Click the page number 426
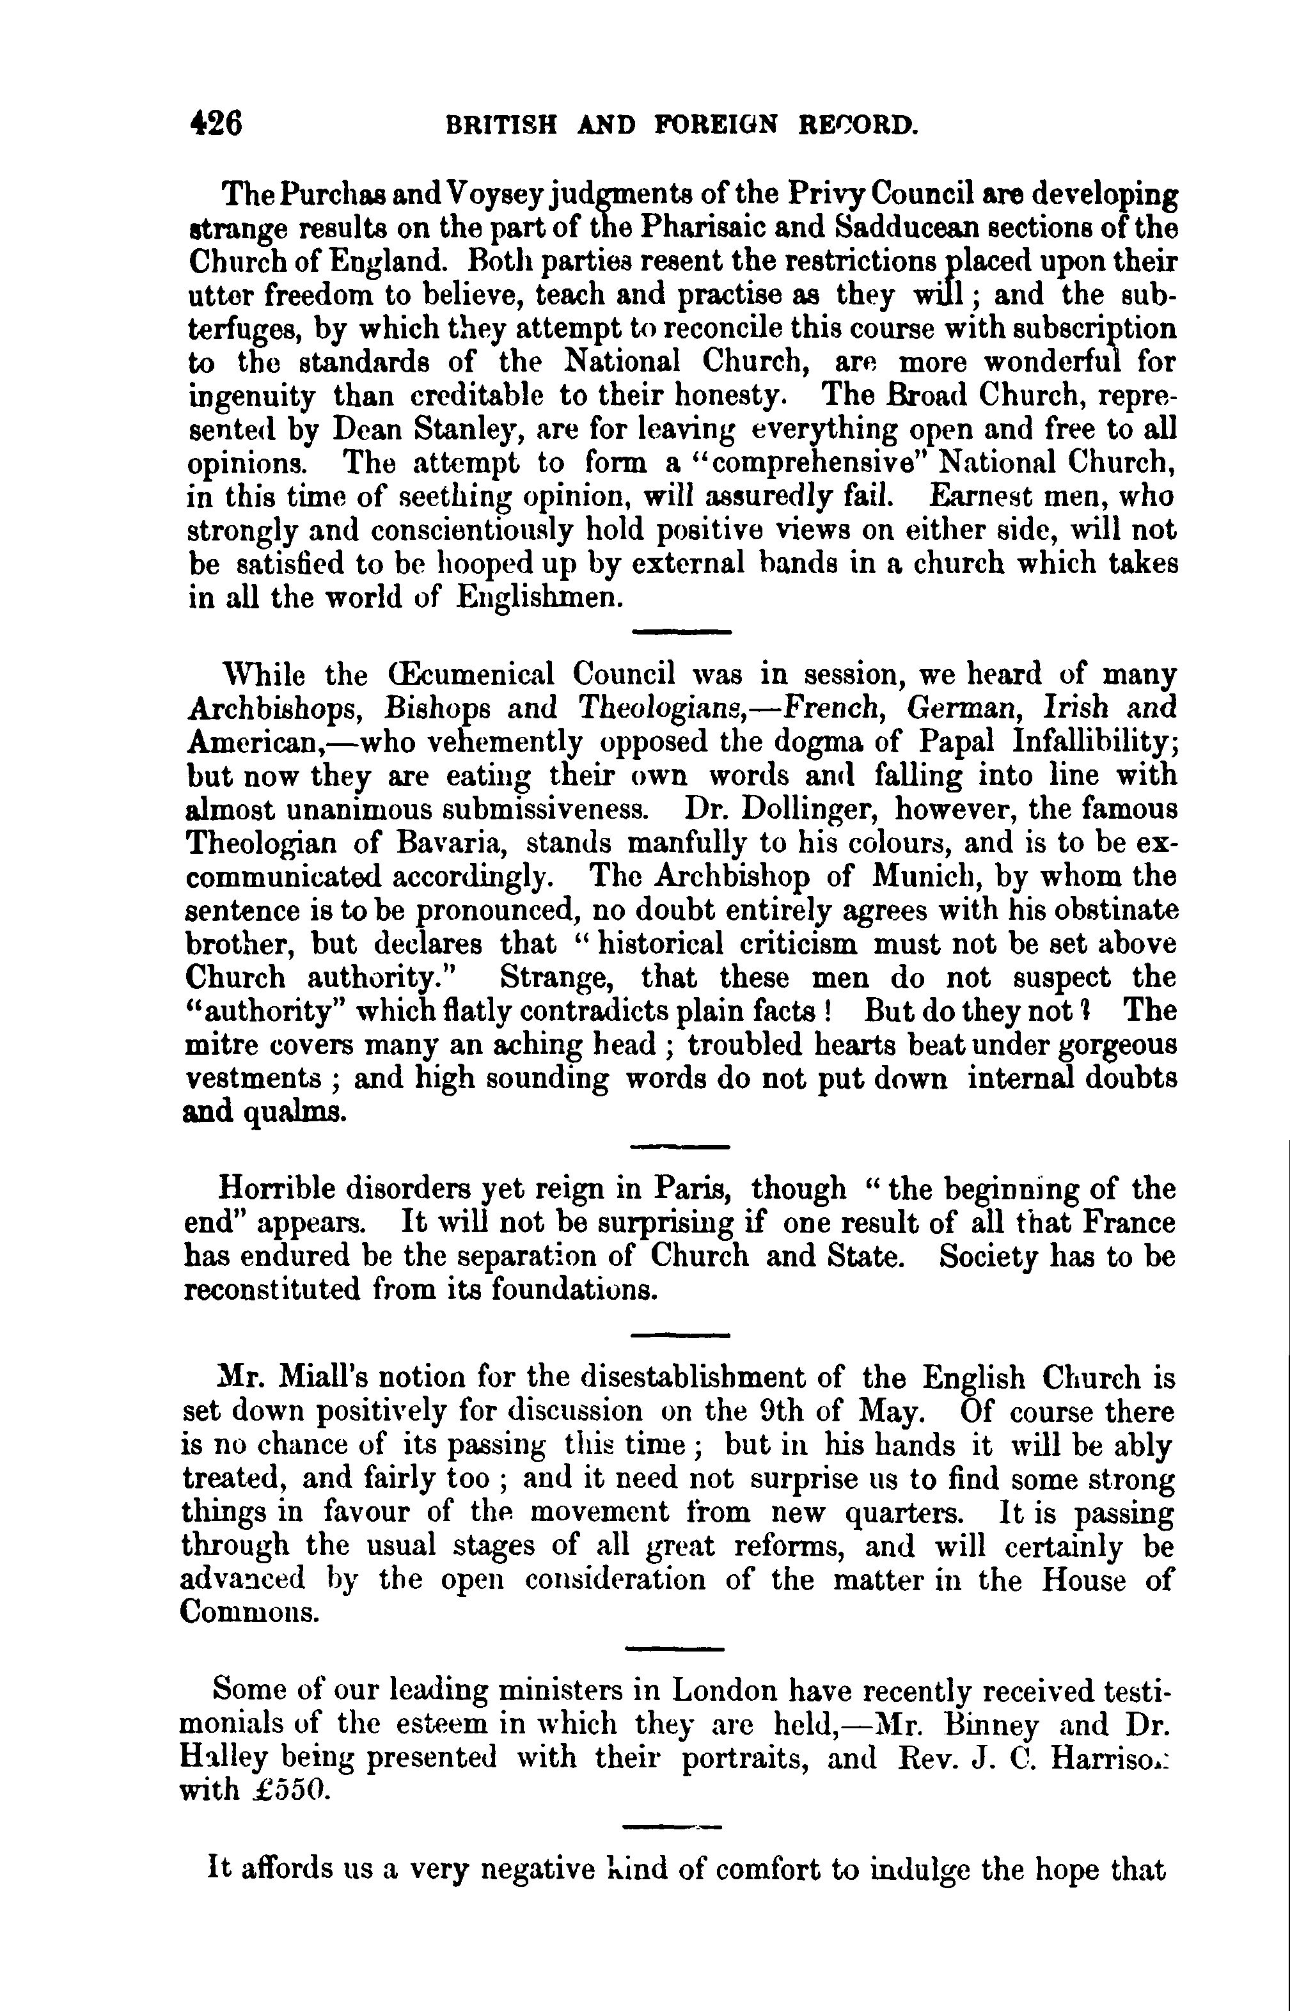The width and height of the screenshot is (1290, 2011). pyautogui.click(x=216, y=124)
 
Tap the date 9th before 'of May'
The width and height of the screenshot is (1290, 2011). pyautogui.click(x=782, y=1412)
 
